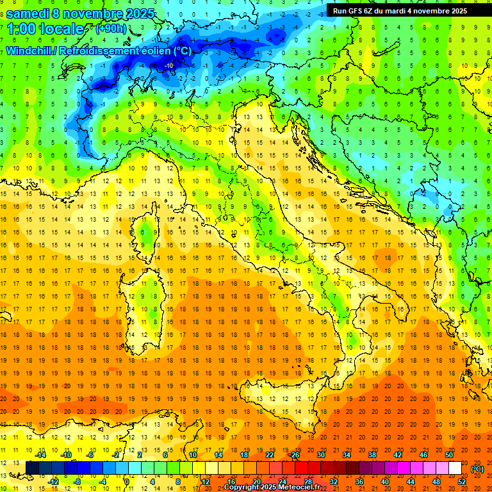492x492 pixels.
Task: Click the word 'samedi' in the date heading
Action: click(28, 13)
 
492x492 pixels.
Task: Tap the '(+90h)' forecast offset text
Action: click(111, 28)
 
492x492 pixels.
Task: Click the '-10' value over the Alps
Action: click(169, 65)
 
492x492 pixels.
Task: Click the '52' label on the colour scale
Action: click(463, 481)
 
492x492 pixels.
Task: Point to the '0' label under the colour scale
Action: click(127, 481)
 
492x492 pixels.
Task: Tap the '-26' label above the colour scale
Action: click(294, 455)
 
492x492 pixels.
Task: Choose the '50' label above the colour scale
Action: click(449, 455)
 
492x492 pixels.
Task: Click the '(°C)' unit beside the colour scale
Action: click(477, 468)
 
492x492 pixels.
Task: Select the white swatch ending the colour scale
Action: click(455, 468)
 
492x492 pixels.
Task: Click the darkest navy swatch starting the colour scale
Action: click(32, 468)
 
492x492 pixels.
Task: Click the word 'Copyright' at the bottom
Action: click(242, 488)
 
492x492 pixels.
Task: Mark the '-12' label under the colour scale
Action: click(54, 481)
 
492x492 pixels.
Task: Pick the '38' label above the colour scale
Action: click(372, 455)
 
